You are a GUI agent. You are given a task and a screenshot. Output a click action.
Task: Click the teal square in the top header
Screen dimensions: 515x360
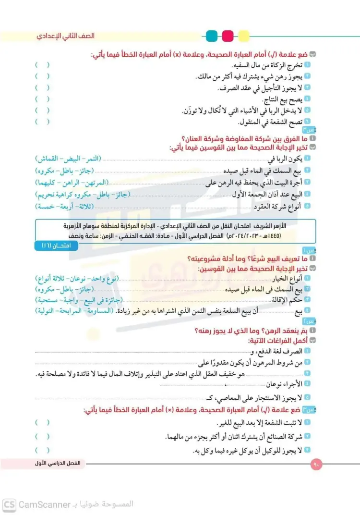tap(211, 36)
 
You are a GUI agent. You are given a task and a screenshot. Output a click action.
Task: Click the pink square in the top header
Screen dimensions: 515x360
tap(228, 36)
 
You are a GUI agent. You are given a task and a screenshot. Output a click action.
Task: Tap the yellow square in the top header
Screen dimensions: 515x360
tap(243, 36)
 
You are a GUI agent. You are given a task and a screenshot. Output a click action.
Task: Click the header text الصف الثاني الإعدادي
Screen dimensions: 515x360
tap(67, 36)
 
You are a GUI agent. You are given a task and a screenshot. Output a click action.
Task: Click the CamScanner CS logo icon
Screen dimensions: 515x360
tap(9, 504)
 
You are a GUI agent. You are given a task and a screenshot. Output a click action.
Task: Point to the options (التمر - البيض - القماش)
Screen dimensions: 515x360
tap(68, 158)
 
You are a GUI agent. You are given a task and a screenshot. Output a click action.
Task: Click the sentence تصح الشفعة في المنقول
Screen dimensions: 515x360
tap(269, 122)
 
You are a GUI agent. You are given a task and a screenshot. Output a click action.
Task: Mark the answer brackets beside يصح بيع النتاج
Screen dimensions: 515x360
tap(42, 99)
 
